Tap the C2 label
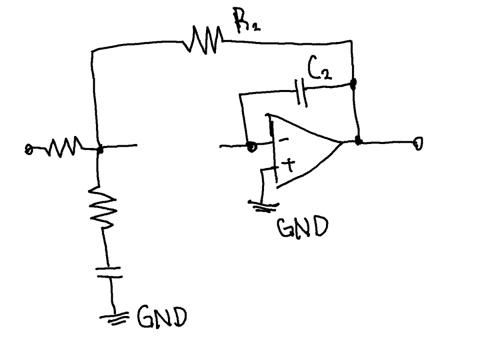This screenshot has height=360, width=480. coord(319,67)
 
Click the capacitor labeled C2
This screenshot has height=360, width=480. coord(301,93)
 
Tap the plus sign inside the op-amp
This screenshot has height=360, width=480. coord(289,166)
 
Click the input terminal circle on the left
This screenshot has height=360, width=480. coord(28,150)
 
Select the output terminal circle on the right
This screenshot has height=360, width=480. coord(418,144)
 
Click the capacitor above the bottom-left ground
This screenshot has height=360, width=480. coord(109,272)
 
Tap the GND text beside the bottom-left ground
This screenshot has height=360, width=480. coord(162,317)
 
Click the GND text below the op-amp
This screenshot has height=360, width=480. coord(303,227)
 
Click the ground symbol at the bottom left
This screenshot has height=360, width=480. coord(114,318)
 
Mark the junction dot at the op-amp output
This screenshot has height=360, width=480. coord(358,140)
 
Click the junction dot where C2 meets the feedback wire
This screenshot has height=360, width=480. coord(353,84)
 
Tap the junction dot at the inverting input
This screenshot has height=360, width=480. coord(252,146)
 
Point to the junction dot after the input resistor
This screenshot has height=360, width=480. coord(100,150)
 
